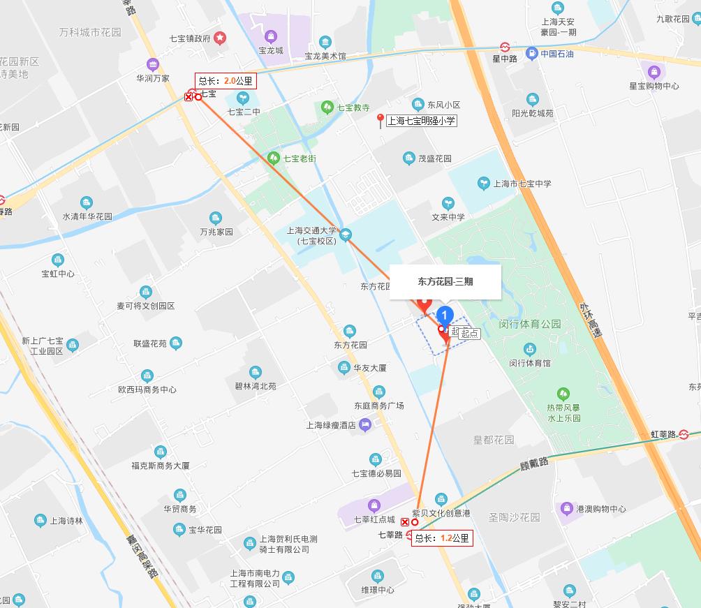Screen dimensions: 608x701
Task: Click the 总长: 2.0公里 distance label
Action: coord(226,80)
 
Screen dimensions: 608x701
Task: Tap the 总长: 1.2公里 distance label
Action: coord(442,538)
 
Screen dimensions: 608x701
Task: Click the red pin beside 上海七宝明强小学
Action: coord(381,120)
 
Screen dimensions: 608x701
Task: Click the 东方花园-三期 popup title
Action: coord(445,282)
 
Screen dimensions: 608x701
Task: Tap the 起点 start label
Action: coord(470,334)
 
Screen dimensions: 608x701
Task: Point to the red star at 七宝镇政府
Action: coord(220,37)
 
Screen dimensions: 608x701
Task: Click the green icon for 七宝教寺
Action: coord(327,107)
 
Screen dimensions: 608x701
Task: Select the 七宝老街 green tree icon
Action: coord(273,158)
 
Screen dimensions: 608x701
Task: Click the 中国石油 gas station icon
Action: coord(532,53)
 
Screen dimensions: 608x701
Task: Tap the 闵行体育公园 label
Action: coord(530,324)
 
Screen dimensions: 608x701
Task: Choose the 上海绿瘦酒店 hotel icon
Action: coord(365,424)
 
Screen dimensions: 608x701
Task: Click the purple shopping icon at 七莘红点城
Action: coord(374,505)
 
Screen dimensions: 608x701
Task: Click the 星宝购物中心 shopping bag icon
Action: coord(654,71)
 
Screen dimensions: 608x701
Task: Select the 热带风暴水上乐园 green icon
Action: coord(563,394)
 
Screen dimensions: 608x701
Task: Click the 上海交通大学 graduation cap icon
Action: coord(346,235)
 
